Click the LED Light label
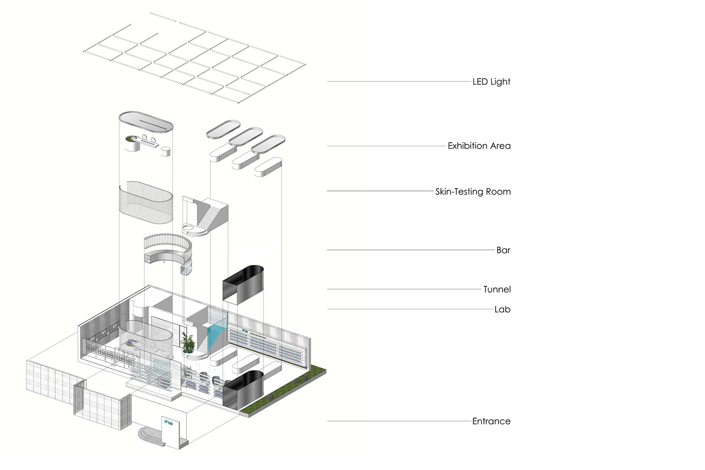[491, 82]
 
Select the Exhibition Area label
[479, 146]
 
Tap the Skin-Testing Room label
[473, 192]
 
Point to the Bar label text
[503, 250]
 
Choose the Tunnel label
[497, 290]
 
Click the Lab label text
[502, 309]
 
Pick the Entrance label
[491, 421]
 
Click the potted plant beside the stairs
[187, 343]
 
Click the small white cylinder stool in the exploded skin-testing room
[165, 151]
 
